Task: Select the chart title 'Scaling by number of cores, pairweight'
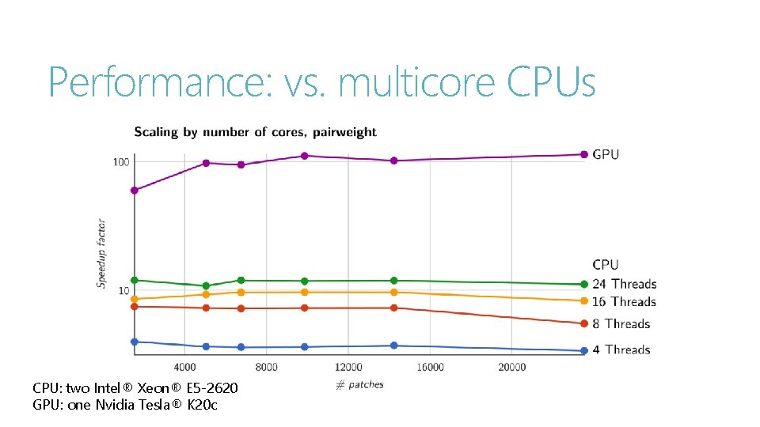click(255, 132)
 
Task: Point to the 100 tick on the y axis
click(120, 162)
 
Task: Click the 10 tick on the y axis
click(123, 291)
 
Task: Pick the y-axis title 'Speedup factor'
click(101, 253)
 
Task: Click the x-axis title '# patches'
click(359, 385)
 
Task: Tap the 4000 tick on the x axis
click(184, 368)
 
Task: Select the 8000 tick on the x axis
click(267, 368)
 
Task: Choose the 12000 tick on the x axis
click(348, 368)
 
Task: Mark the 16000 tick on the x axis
click(430, 368)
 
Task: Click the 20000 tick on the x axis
click(511, 368)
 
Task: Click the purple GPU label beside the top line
click(606, 154)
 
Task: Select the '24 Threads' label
click(624, 284)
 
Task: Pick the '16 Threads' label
click(624, 301)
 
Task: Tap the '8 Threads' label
click(621, 323)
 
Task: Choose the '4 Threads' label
click(621, 350)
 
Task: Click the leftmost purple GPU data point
click(135, 191)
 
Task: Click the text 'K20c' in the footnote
click(202, 405)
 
